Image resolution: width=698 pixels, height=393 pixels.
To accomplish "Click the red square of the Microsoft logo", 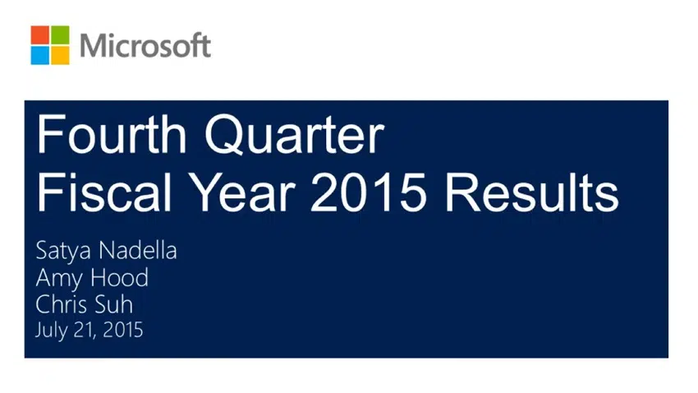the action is (39, 35).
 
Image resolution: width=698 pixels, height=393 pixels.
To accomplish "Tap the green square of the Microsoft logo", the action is (60, 35).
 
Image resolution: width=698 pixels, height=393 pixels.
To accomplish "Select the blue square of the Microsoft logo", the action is (39, 55).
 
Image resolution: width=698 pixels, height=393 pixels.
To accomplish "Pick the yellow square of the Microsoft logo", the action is (60, 55).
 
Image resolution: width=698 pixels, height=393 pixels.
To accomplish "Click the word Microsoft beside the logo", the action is (145, 45).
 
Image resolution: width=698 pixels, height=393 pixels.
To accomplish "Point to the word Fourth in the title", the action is (112, 134).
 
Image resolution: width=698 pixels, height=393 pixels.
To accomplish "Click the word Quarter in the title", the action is (294, 135).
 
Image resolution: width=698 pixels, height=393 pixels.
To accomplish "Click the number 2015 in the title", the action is (369, 193).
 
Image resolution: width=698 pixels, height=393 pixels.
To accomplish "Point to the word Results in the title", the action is (532, 193).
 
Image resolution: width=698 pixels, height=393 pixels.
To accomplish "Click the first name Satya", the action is (65, 252).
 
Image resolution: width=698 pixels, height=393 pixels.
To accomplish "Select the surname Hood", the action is (119, 278).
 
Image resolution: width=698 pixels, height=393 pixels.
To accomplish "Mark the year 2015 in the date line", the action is (123, 331).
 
